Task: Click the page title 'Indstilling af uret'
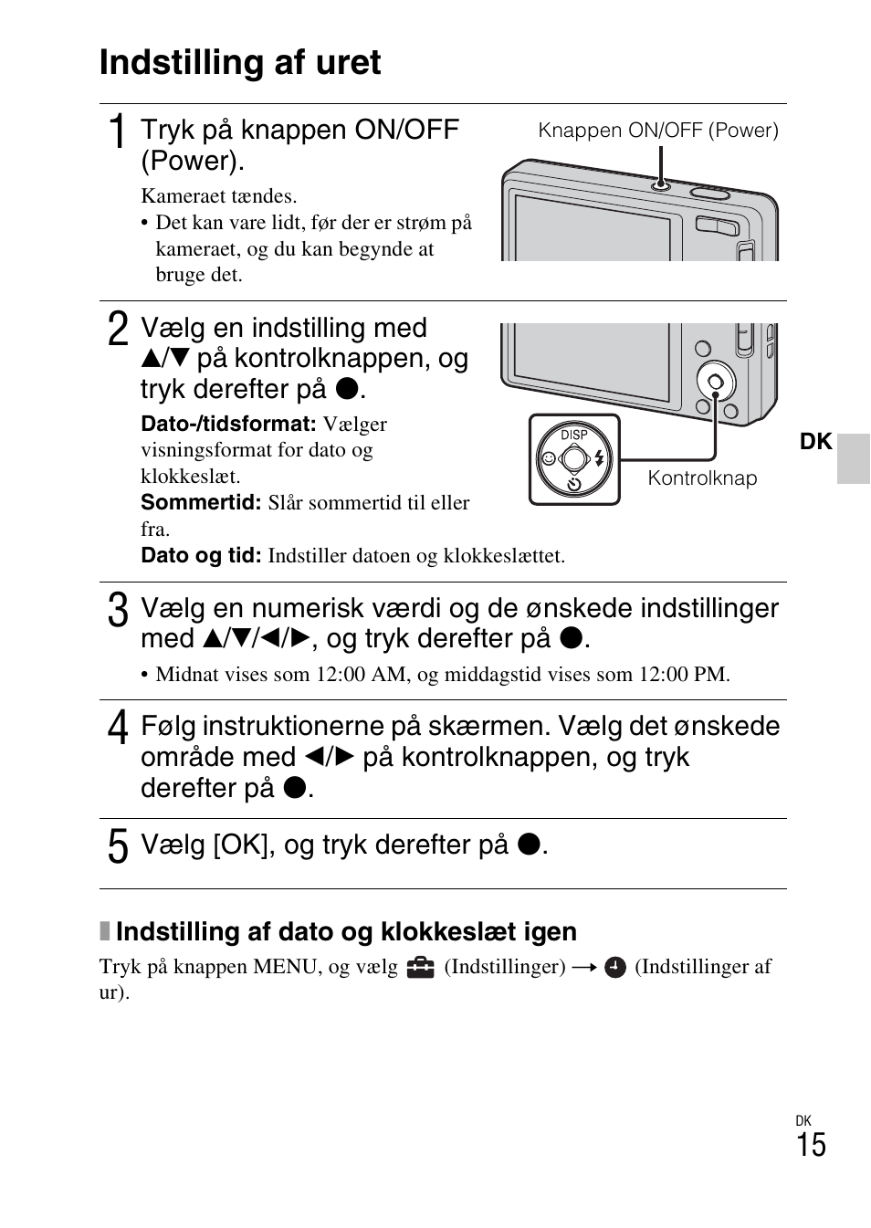tap(240, 63)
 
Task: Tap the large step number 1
tap(117, 133)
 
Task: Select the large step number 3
tap(117, 611)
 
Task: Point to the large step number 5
tap(117, 846)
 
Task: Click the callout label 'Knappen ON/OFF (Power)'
tap(657, 131)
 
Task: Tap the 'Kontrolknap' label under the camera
tap(702, 478)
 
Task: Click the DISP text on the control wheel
tap(574, 435)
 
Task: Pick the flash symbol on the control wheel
tap(599, 458)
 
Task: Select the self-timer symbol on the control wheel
tap(574, 484)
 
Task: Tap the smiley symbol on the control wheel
tap(548, 458)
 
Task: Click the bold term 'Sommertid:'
tap(201, 503)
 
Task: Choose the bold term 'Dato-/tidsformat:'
tap(228, 425)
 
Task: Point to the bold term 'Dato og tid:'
tap(201, 556)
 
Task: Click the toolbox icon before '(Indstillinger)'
tap(421, 967)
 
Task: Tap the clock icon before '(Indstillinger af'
tap(615, 967)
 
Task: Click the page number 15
tap(810, 1146)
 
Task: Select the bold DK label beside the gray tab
tap(815, 442)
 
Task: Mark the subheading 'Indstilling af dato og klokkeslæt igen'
tap(346, 931)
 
